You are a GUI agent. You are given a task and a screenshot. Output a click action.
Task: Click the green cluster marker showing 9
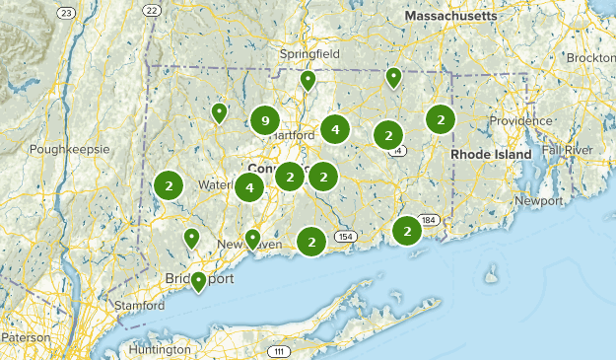tap(263, 120)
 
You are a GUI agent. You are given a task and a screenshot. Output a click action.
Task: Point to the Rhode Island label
tap(491, 155)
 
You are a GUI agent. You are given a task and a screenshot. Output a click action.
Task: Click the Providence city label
tap(521, 120)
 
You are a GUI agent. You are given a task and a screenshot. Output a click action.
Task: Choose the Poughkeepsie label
tap(68, 149)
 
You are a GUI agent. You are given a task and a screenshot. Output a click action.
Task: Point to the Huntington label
tap(159, 349)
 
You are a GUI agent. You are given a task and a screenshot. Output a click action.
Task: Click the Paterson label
tap(24, 337)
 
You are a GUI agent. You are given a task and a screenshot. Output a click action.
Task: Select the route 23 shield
tap(66, 12)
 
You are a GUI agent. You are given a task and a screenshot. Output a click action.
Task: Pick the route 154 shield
tap(345, 237)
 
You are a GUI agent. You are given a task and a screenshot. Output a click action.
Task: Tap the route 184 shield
tap(427, 219)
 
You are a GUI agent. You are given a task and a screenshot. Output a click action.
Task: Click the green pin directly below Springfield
tap(308, 80)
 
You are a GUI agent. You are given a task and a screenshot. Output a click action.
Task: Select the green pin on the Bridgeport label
tap(199, 281)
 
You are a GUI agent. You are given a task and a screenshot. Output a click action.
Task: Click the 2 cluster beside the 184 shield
tap(406, 231)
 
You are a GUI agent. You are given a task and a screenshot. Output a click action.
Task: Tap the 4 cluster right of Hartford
tap(335, 129)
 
